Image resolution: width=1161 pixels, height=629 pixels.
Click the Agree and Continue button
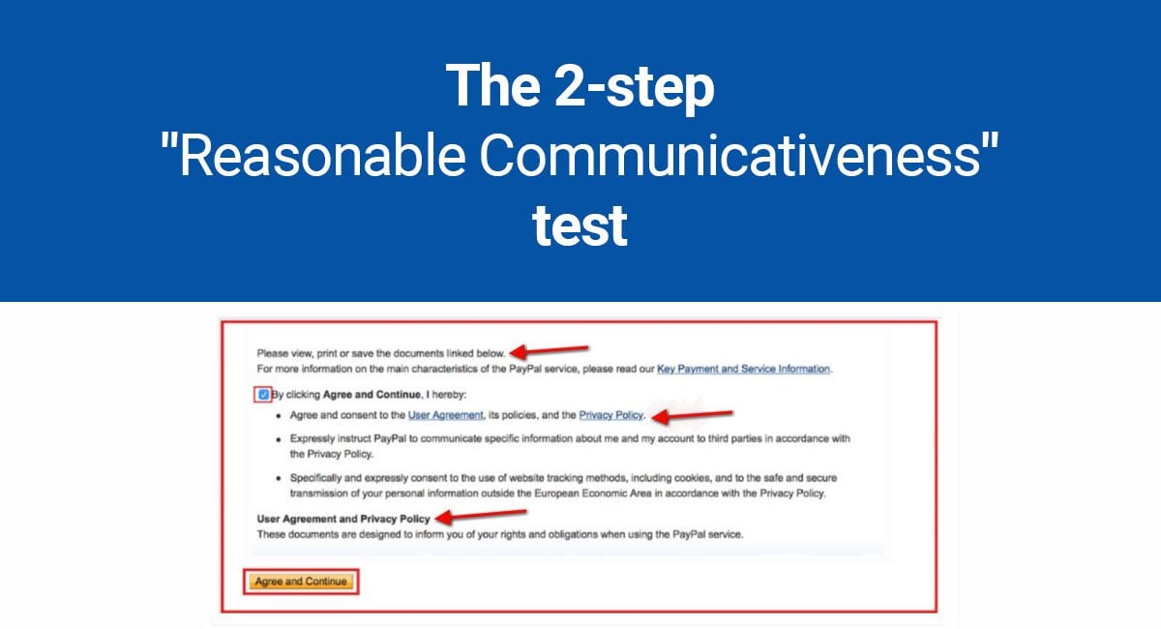point(301,582)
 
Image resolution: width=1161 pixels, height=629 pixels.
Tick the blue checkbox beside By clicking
point(263,395)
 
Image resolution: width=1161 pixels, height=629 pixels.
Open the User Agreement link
point(445,415)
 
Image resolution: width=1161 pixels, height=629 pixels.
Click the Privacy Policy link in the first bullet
point(611,415)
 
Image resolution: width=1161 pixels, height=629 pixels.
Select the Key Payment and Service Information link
point(743,369)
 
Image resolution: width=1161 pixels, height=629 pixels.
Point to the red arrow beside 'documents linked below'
point(549,351)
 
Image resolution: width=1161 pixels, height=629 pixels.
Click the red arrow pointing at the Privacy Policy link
point(692,415)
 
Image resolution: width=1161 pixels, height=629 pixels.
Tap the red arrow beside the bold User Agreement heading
point(481,515)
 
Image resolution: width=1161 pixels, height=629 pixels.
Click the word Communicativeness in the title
point(729,156)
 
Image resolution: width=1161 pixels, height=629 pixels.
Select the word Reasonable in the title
point(322,156)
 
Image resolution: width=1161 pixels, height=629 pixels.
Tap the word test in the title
point(580,226)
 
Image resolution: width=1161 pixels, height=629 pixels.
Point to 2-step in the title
point(635,87)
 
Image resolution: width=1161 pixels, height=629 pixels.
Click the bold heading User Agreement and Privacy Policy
point(343,519)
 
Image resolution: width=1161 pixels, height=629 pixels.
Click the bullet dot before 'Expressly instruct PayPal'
point(279,439)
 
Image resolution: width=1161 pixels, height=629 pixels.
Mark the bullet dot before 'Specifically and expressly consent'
point(279,479)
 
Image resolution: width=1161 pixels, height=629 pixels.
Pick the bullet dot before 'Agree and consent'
point(279,416)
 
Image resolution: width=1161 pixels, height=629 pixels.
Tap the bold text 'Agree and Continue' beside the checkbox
point(372,395)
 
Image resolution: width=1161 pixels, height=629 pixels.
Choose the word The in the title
point(492,86)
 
